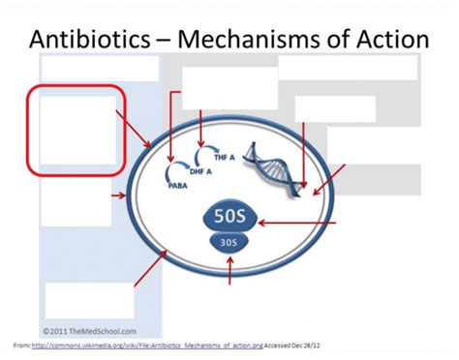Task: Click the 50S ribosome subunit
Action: coord(229,216)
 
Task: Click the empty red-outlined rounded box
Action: coord(76,130)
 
